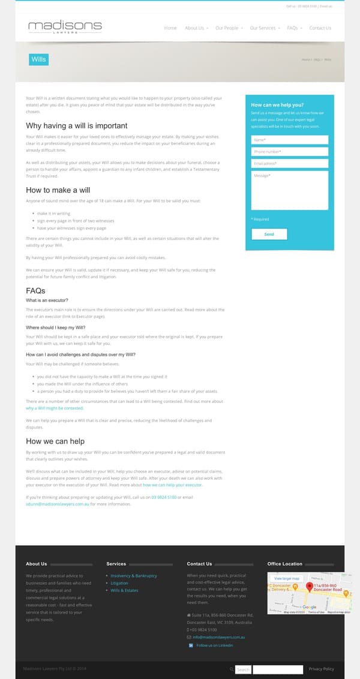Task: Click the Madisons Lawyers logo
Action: [65, 27]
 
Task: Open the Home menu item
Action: [170, 28]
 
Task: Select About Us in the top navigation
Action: [194, 28]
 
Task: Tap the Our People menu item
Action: [227, 28]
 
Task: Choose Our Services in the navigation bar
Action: [263, 28]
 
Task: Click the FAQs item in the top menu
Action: [292, 28]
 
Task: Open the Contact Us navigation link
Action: [320, 28]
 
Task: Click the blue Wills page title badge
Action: [38, 59]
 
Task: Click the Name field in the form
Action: [290, 140]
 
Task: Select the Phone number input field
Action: [290, 152]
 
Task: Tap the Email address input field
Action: [290, 163]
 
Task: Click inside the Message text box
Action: [290, 190]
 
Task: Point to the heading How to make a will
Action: [58, 190]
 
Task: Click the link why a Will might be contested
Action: [55, 408]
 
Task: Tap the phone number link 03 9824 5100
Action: [164, 498]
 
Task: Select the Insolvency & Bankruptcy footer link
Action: [134, 576]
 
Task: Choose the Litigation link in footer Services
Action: [119, 583]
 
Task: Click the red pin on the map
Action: [310, 586]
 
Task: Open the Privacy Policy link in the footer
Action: [322, 669]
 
